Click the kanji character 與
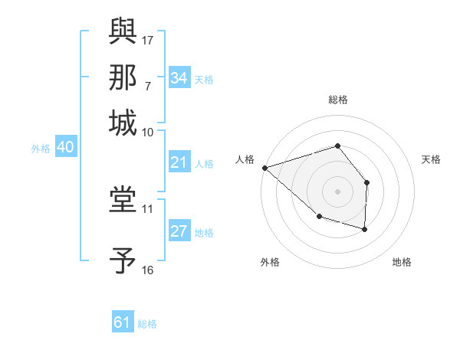123,31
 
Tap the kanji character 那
123,77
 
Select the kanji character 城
123,123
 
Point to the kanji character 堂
123,201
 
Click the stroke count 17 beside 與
148,38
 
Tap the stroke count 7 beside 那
147,84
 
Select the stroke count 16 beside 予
148,270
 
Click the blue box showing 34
179,78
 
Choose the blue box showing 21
179,162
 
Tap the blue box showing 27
179,232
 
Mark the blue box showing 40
65,148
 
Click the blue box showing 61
123,322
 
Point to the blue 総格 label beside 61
147,324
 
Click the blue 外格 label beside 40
41,149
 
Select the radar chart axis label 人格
245,159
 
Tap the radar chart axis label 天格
431,159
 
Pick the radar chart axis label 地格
402,262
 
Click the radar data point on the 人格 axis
264,167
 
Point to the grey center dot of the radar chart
337,191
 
